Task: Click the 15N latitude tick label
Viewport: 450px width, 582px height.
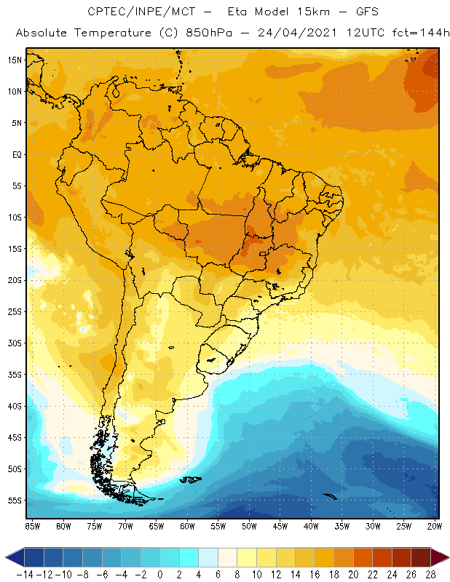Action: click(15, 60)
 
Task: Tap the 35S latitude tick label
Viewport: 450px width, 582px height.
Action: click(15, 375)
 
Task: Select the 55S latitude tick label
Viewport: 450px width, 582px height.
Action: click(15, 501)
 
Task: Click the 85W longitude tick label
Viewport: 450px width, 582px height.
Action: click(33, 525)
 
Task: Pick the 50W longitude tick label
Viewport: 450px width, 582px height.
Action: click(250, 525)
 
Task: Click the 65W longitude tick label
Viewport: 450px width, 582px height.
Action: click(157, 525)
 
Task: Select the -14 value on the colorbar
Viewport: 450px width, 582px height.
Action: click(25, 574)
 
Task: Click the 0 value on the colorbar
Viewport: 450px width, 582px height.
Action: click(160, 574)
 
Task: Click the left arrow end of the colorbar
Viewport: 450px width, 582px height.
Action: click(10, 557)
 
